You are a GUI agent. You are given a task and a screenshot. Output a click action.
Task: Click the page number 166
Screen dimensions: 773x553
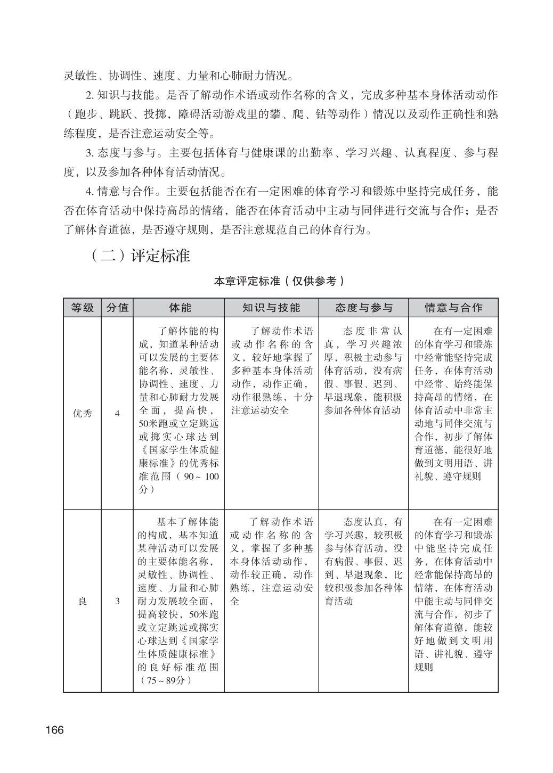coord(54,729)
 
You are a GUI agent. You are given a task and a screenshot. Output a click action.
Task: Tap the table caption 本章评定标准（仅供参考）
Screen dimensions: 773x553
coord(279,281)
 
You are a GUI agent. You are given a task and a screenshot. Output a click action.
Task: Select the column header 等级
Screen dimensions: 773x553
coord(83,308)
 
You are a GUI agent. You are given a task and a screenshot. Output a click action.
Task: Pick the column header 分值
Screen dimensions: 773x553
coord(117,308)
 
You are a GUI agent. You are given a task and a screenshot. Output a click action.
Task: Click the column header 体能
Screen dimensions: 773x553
coord(179,308)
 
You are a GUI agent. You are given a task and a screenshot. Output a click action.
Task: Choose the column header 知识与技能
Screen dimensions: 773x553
coord(271,308)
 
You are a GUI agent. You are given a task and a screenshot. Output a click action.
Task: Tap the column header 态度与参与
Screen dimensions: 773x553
coord(363,308)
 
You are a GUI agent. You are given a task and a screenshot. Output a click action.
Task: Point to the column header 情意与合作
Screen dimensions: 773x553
coord(453,308)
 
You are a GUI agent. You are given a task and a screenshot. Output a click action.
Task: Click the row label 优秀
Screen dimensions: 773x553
coord(83,413)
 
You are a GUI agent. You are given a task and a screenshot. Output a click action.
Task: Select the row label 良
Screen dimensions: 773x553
coord(83,601)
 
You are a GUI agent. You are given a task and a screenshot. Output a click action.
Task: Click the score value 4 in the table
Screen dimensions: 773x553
coord(117,413)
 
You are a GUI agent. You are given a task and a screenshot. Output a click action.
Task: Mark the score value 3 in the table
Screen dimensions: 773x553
coord(117,601)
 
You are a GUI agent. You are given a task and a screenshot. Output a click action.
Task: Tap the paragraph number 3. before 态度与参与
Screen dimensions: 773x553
coord(90,153)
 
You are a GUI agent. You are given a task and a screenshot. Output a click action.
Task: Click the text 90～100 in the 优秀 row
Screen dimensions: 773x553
coord(201,476)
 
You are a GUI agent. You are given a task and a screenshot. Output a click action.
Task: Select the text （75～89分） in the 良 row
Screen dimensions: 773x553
coord(165,680)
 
